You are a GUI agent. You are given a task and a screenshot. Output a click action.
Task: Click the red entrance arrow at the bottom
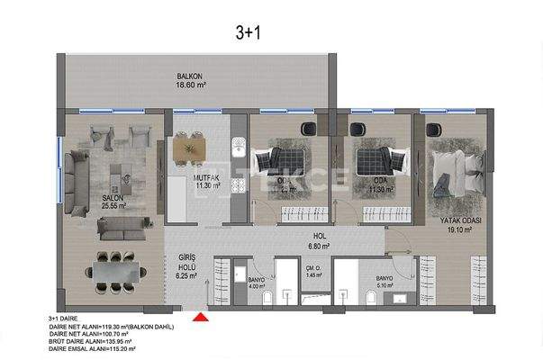click(201, 316)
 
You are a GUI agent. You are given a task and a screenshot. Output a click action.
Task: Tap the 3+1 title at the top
click(248, 33)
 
